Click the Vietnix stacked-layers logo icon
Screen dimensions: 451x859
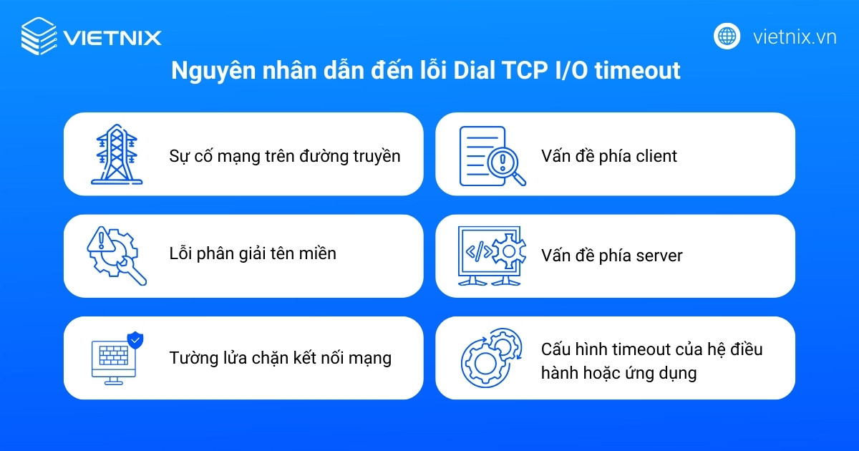[39, 37]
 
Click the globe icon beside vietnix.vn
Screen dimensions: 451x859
[727, 36]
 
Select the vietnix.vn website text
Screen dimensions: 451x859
[795, 37]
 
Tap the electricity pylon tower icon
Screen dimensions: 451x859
[116, 155]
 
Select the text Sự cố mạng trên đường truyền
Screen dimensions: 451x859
[284, 155]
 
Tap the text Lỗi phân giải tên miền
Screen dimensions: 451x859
[252, 253]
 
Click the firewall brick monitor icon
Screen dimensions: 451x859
[112, 360]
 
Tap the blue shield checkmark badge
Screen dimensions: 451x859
[134, 339]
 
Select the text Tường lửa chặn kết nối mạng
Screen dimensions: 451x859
[280, 358]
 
